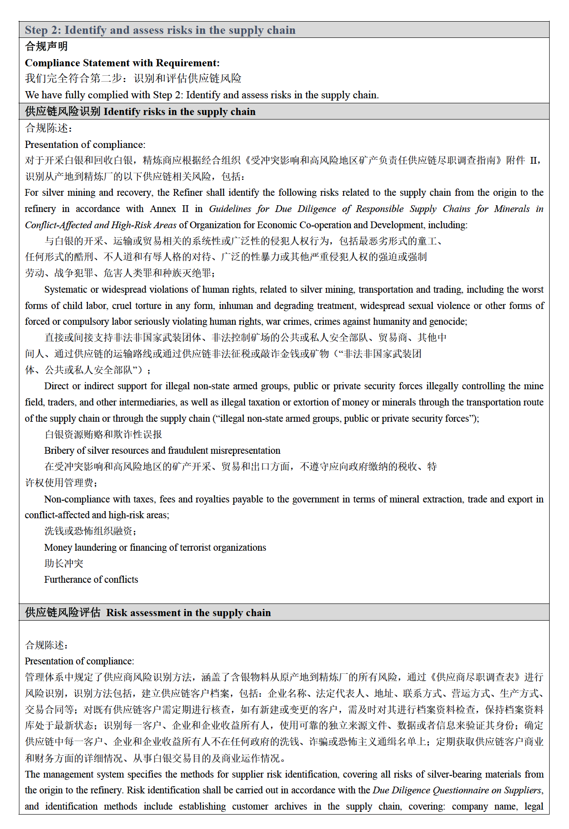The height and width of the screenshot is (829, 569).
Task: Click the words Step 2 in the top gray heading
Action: point(41,30)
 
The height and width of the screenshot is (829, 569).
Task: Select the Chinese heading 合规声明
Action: point(46,46)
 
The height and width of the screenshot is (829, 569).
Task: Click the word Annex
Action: point(163,209)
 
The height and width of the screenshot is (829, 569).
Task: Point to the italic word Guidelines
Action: point(230,209)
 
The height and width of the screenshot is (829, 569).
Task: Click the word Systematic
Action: point(65,290)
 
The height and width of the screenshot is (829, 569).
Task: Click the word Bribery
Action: point(59,451)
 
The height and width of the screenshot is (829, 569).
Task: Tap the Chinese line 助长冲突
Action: point(64,564)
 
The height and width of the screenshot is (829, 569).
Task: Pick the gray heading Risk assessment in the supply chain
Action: point(188,613)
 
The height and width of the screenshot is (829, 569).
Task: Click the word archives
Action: point(290,806)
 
